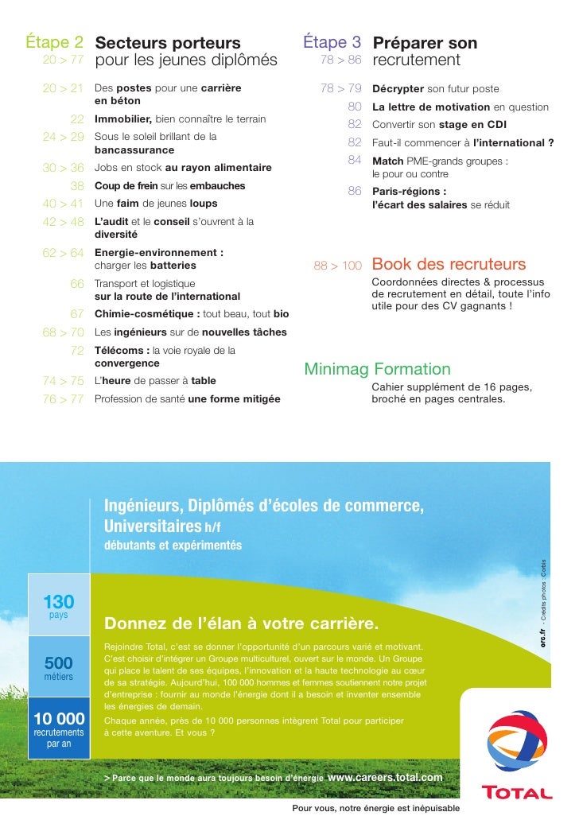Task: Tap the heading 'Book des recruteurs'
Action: [449, 264]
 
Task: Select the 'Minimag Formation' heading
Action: [377, 369]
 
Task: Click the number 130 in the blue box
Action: [58, 602]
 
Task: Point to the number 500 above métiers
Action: [58, 663]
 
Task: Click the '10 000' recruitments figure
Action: [58, 719]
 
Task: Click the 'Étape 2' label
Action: [55, 42]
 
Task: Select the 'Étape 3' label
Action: [332, 42]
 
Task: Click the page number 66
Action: [77, 283]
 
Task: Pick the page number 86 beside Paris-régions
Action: [355, 191]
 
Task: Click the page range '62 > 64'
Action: [63, 253]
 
